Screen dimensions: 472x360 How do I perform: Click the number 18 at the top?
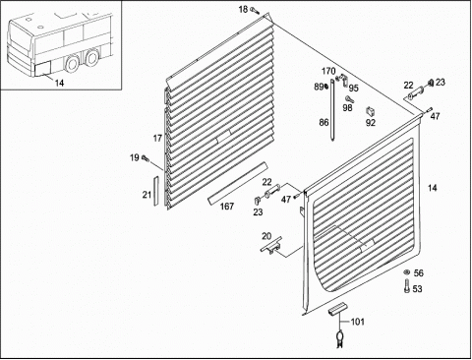click(243, 9)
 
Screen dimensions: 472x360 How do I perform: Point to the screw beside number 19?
click(145, 158)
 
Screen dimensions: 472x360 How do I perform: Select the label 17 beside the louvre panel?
click(157, 139)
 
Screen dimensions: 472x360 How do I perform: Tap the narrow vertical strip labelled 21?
click(156, 191)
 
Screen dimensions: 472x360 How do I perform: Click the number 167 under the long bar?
click(227, 207)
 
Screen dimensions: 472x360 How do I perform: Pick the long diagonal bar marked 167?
click(238, 183)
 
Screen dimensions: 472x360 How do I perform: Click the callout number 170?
click(328, 71)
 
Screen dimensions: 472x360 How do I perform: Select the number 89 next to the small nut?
click(319, 87)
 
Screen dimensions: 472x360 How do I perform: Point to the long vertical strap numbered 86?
click(332, 110)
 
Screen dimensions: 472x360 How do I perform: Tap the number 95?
click(354, 88)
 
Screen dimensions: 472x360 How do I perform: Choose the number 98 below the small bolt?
click(347, 107)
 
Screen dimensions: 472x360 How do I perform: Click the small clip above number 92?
click(371, 111)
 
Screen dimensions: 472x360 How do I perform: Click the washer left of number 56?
click(406, 271)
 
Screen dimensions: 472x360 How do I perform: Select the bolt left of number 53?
click(407, 285)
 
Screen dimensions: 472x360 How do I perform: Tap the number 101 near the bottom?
click(357, 322)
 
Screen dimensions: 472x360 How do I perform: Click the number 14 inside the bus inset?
click(59, 83)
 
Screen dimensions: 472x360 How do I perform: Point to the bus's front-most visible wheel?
click(71, 63)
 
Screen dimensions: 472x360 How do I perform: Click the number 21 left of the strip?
click(147, 195)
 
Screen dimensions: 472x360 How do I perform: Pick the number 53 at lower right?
click(417, 289)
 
